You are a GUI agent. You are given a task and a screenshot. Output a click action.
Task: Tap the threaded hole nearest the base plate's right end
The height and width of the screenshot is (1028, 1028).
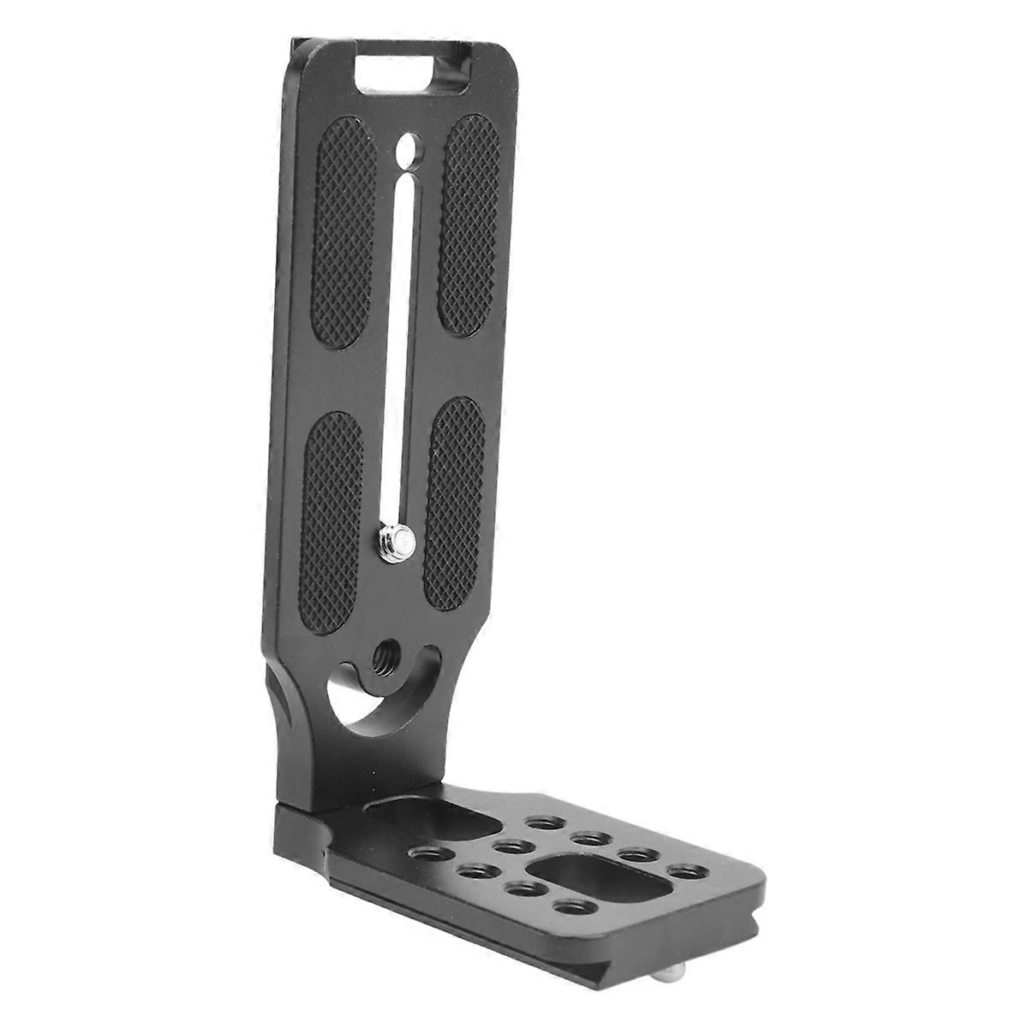[687, 872]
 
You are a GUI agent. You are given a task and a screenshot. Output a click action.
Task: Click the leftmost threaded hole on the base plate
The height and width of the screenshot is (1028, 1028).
[432, 853]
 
